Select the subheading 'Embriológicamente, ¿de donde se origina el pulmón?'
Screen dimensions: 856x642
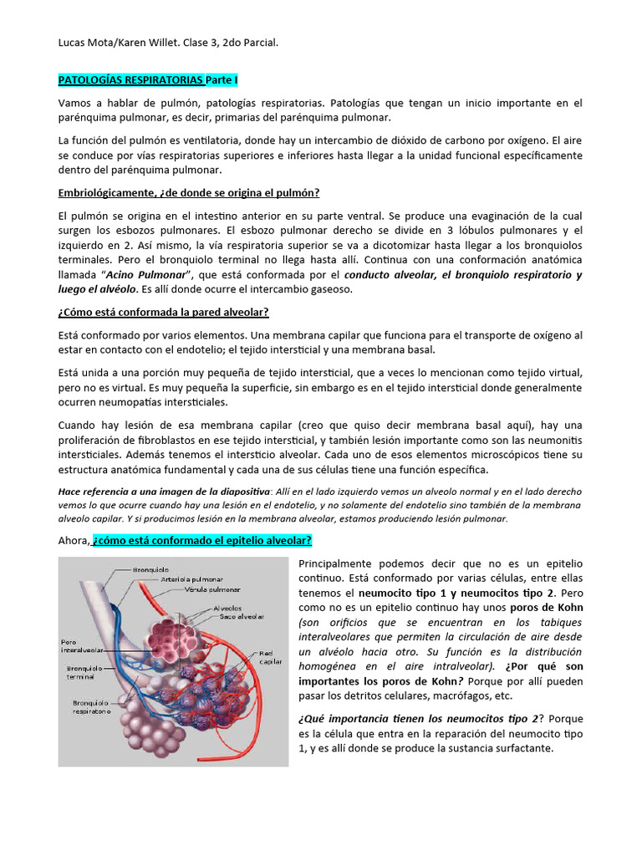pyautogui.click(x=188, y=192)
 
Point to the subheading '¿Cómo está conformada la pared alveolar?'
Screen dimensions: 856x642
pyautogui.click(x=163, y=312)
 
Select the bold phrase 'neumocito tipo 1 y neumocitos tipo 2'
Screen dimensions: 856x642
pyautogui.click(x=456, y=592)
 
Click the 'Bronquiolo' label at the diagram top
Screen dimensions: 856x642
pyautogui.click(x=150, y=569)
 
